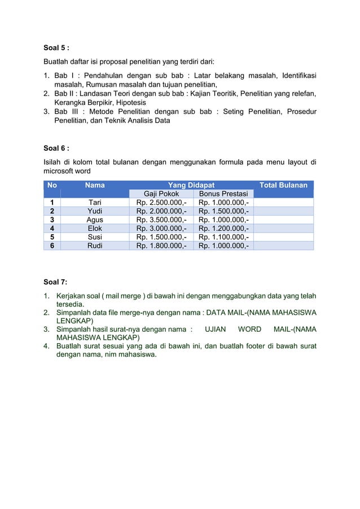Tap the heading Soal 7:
coord(55,282)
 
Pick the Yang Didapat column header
coord(191,185)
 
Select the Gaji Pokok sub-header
coord(161,194)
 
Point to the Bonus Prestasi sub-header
coord(223,194)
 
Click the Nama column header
coord(94,185)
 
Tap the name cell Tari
coord(94,203)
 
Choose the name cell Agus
coord(94,220)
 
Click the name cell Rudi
coord(94,246)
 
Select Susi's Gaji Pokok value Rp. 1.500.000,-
coord(161,238)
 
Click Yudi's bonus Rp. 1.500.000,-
coord(223,212)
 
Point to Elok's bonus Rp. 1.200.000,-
coord(223,229)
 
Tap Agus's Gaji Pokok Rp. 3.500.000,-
coord(161,220)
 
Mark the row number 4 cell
coord(52,229)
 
